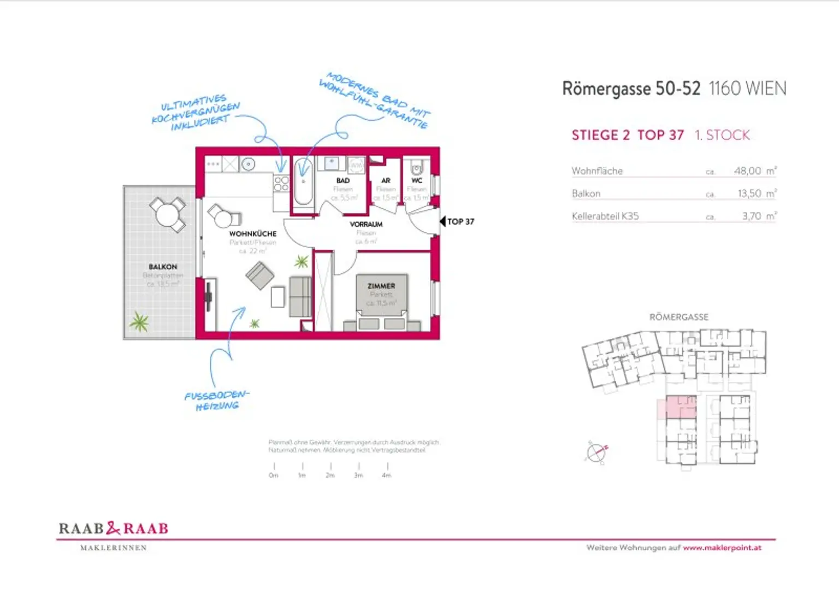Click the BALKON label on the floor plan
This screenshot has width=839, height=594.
[x=163, y=267]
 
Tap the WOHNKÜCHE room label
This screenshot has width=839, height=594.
[x=252, y=233]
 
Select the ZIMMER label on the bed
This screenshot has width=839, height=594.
[x=381, y=286]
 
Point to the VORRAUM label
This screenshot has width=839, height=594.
[x=366, y=224]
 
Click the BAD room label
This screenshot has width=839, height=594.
[x=342, y=180]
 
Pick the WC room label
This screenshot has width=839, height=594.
[x=417, y=180]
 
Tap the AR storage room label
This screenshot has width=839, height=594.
[x=386, y=180]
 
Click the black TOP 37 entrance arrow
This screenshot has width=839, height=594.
[x=443, y=221]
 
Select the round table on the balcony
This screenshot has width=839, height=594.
[x=167, y=214]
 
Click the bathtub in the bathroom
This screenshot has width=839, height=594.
[x=303, y=182]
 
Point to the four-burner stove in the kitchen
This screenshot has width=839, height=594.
[x=281, y=183]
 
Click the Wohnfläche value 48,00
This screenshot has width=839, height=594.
[x=747, y=171]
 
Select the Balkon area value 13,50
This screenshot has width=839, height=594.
[x=749, y=193]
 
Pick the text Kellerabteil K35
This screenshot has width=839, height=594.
[x=605, y=216]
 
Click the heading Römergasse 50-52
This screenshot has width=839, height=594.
[x=631, y=89]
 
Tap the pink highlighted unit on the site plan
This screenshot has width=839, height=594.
[x=681, y=407]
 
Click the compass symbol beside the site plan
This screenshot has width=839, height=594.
[x=596, y=452]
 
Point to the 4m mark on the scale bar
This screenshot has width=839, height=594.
[x=387, y=469]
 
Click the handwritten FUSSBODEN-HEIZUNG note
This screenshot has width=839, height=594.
[x=217, y=400]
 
